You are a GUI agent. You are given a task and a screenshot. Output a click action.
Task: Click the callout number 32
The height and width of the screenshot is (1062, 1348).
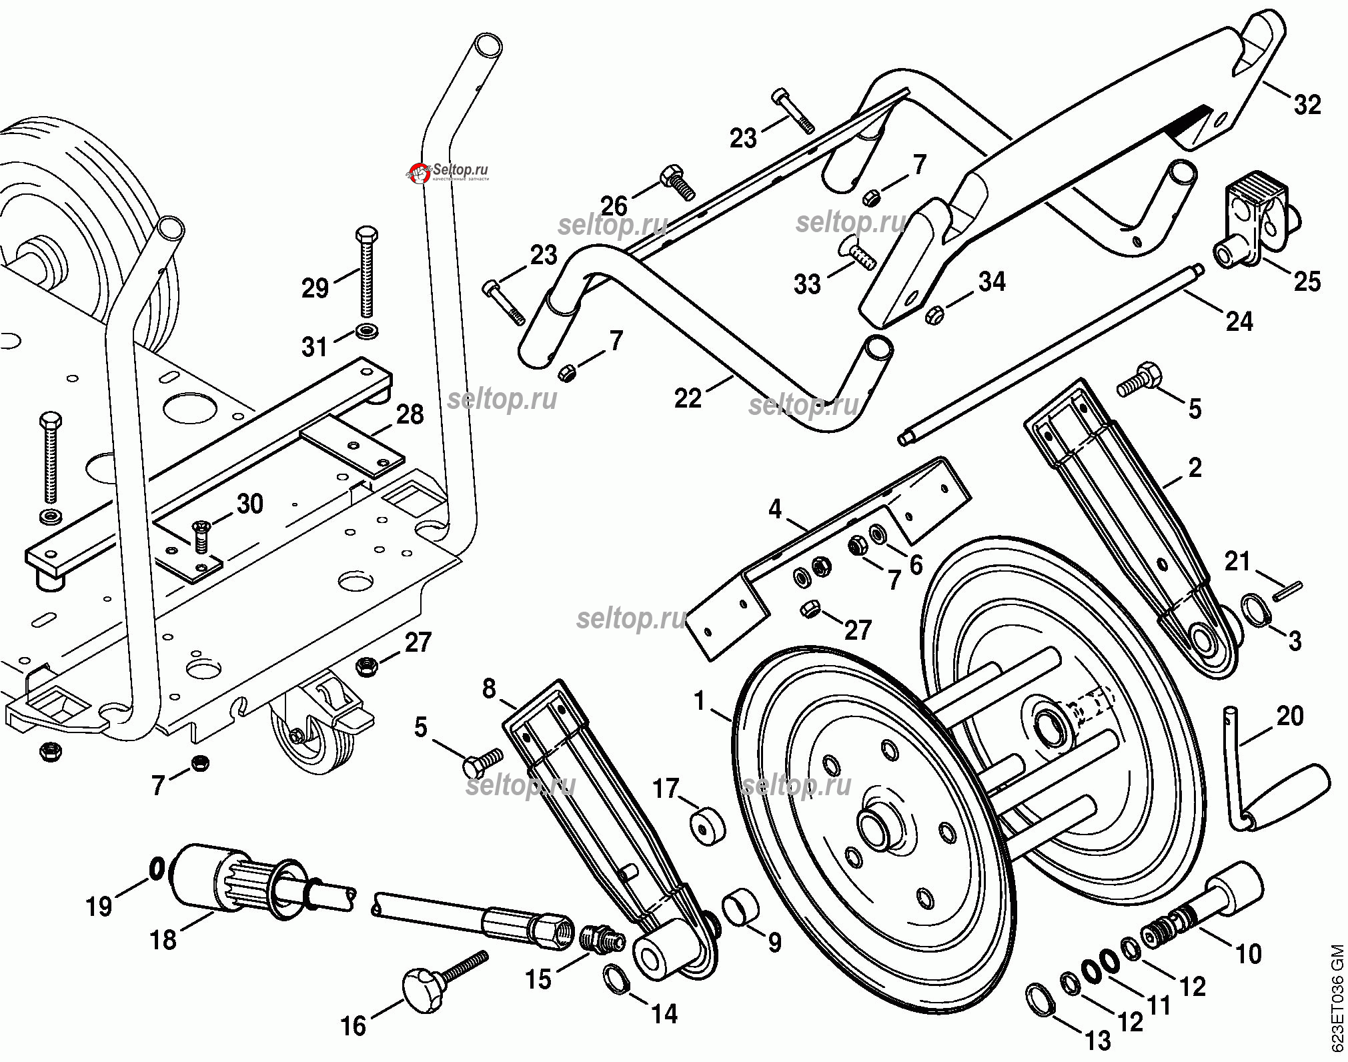click(x=1307, y=105)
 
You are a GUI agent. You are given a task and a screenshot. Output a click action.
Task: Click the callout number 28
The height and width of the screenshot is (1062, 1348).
click(x=410, y=414)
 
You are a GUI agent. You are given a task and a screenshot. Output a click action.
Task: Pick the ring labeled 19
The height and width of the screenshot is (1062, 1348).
click(x=157, y=869)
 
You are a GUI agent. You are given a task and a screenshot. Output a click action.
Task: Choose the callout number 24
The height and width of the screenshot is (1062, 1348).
click(x=1239, y=322)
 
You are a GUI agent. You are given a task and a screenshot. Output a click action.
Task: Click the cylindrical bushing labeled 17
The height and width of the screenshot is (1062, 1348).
click(x=706, y=825)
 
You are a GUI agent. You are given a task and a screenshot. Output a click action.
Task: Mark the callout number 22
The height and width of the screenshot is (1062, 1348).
click(x=688, y=398)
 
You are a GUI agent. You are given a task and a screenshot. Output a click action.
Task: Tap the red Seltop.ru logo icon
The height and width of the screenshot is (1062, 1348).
click(x=419, y=173)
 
